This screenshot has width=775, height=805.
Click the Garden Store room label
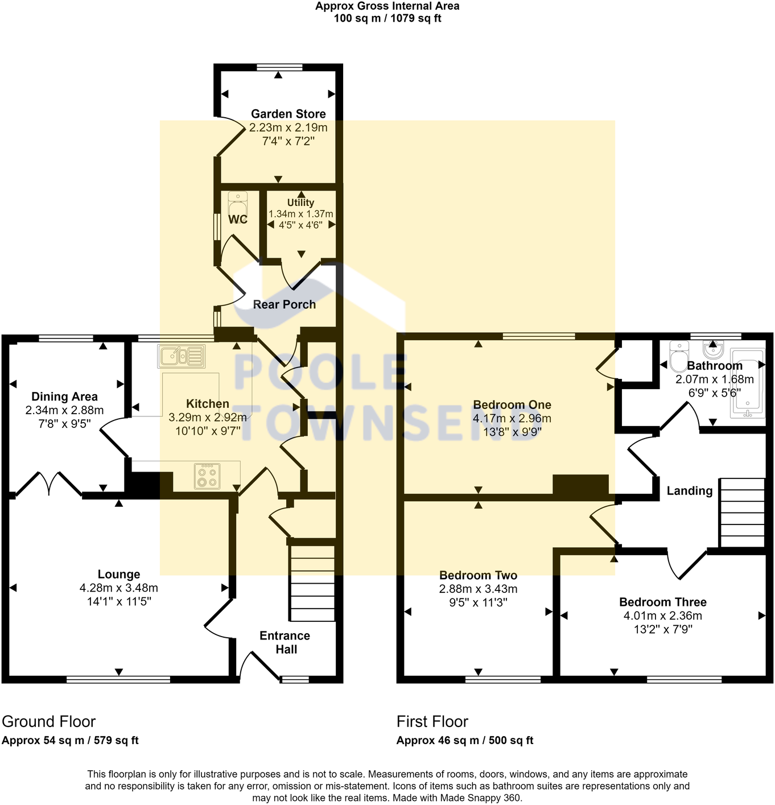(x=288, y=114)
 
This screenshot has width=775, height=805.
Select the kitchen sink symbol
(x=182, y=356)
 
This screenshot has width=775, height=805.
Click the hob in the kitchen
(x=207, y=476)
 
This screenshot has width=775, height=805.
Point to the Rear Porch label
(x=284, y=304)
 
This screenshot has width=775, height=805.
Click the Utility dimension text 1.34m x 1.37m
(x=300, y=214)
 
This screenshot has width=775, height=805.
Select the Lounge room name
(x=118, y=574)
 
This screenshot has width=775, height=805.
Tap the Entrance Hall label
(x=285, y=642)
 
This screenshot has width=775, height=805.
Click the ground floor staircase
(x=312, y=583)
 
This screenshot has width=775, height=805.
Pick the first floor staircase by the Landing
(x=742, y=513)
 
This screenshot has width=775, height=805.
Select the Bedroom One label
(x=512, y=404)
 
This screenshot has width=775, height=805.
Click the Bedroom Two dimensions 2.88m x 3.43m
(x=478, y=589)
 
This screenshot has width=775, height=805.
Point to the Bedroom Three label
(x=662, y=602)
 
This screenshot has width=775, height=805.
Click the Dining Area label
(x=64, y=397)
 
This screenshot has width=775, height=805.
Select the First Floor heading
(x=432, y=721)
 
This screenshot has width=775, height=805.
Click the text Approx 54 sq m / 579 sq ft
(x=70, y=740)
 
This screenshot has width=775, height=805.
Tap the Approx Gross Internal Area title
(x=387, y=6)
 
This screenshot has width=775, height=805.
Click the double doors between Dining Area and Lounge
(x=49, y=484)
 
